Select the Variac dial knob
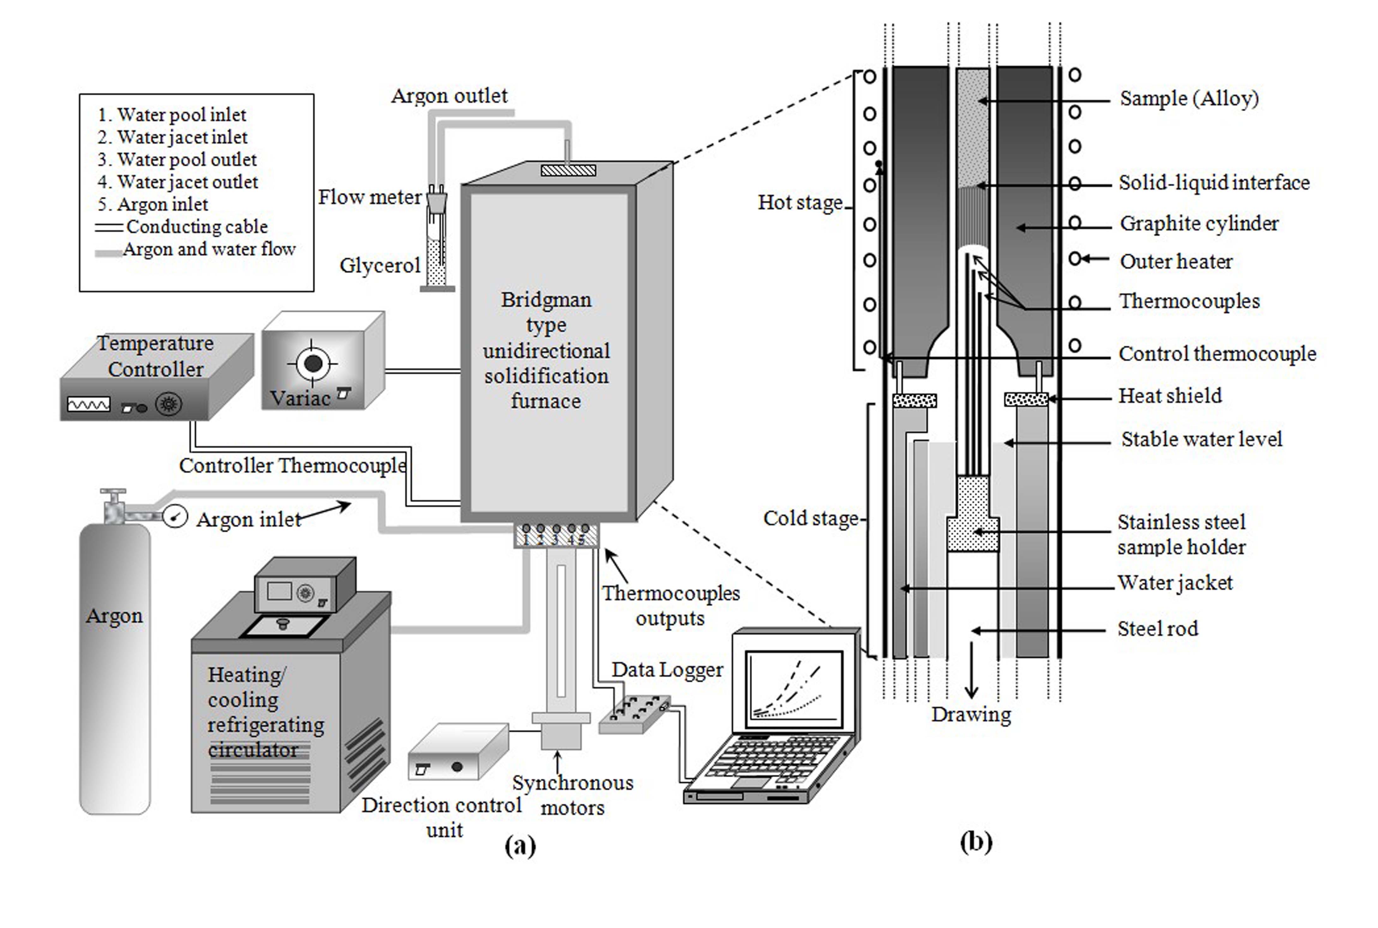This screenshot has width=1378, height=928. click(313, 363)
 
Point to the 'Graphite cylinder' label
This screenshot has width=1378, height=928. click(1199, 224)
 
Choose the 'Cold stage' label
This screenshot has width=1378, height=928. click(810, 519)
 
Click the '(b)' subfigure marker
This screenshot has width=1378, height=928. click(976, 841)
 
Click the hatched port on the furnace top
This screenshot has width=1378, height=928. click(568, 170)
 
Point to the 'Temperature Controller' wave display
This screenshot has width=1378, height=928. click(89, 404)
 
